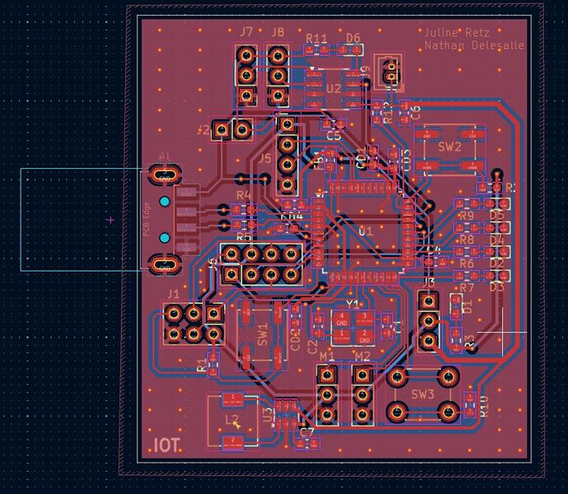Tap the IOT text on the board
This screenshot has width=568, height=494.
(x=166, y=446)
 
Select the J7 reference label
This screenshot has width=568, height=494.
(x=247, y=32)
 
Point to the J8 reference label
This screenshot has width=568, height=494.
(x=277, y=32)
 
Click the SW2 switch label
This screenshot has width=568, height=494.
(x=449, y=147)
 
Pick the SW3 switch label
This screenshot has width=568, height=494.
(x=423, y=394)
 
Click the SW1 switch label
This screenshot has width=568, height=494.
(x=263, y=334)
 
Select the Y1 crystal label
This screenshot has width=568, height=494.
(x=352, y=304)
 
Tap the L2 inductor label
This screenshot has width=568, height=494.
(x=232, y=421)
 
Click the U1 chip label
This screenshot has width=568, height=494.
(x=365, y=231)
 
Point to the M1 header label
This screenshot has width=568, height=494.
(x=328, y=356)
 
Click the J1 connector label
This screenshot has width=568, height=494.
(x=172, y=293)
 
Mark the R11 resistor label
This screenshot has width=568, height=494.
(x=317, y=39)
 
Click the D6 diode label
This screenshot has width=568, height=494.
(x=353, y=38)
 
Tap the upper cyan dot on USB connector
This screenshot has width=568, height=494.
(x=165, y=202)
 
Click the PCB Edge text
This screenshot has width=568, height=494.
(x=147, y=220)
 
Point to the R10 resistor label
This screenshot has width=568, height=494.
(x=485, y=406)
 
